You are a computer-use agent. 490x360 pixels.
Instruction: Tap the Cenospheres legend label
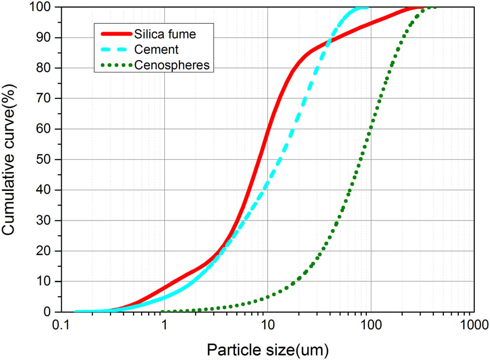click(x=170, y=65)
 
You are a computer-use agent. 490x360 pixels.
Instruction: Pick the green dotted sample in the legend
click(x=116, y=65)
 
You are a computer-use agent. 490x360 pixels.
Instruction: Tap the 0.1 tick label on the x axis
click(x=61, y=325)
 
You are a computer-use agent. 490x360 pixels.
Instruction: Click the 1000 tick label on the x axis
click(x=471, y=325)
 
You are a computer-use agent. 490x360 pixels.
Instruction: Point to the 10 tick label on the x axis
click(x=267, y=325)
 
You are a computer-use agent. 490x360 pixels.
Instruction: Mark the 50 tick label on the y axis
click(x=47, y=160)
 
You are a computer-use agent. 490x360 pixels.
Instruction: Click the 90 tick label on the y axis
click(x=47, y=38)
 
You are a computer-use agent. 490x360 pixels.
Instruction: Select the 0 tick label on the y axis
click(x=50, y=312)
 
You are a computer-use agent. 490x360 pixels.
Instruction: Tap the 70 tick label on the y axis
click(x=47, y=99)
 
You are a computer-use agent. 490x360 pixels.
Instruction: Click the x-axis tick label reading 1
click(x=164, y=325)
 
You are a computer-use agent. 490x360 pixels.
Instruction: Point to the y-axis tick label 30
click(x=47, y=221)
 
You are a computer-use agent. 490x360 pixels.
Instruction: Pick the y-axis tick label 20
click(x=47, y=252)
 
